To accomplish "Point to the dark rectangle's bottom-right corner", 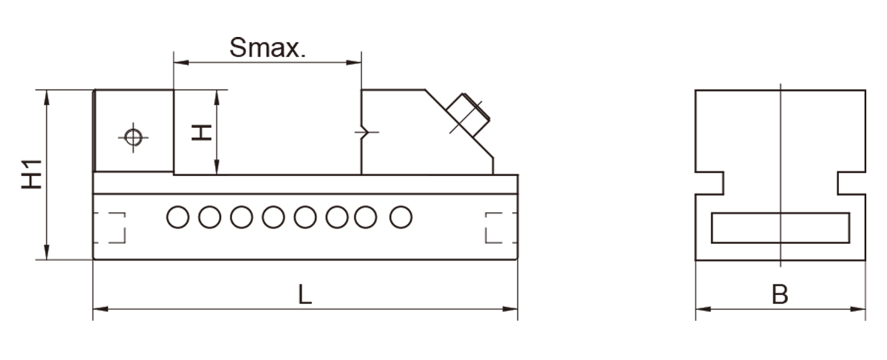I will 866,320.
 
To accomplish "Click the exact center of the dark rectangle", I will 443,179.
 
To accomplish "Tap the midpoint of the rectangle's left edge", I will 21,179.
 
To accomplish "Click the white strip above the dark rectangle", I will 443,18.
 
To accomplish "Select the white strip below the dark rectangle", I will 443,340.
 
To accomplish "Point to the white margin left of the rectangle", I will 10,179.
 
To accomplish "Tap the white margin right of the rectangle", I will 877,179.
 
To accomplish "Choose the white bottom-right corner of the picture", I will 884,357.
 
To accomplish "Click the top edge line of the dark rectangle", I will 296,37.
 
